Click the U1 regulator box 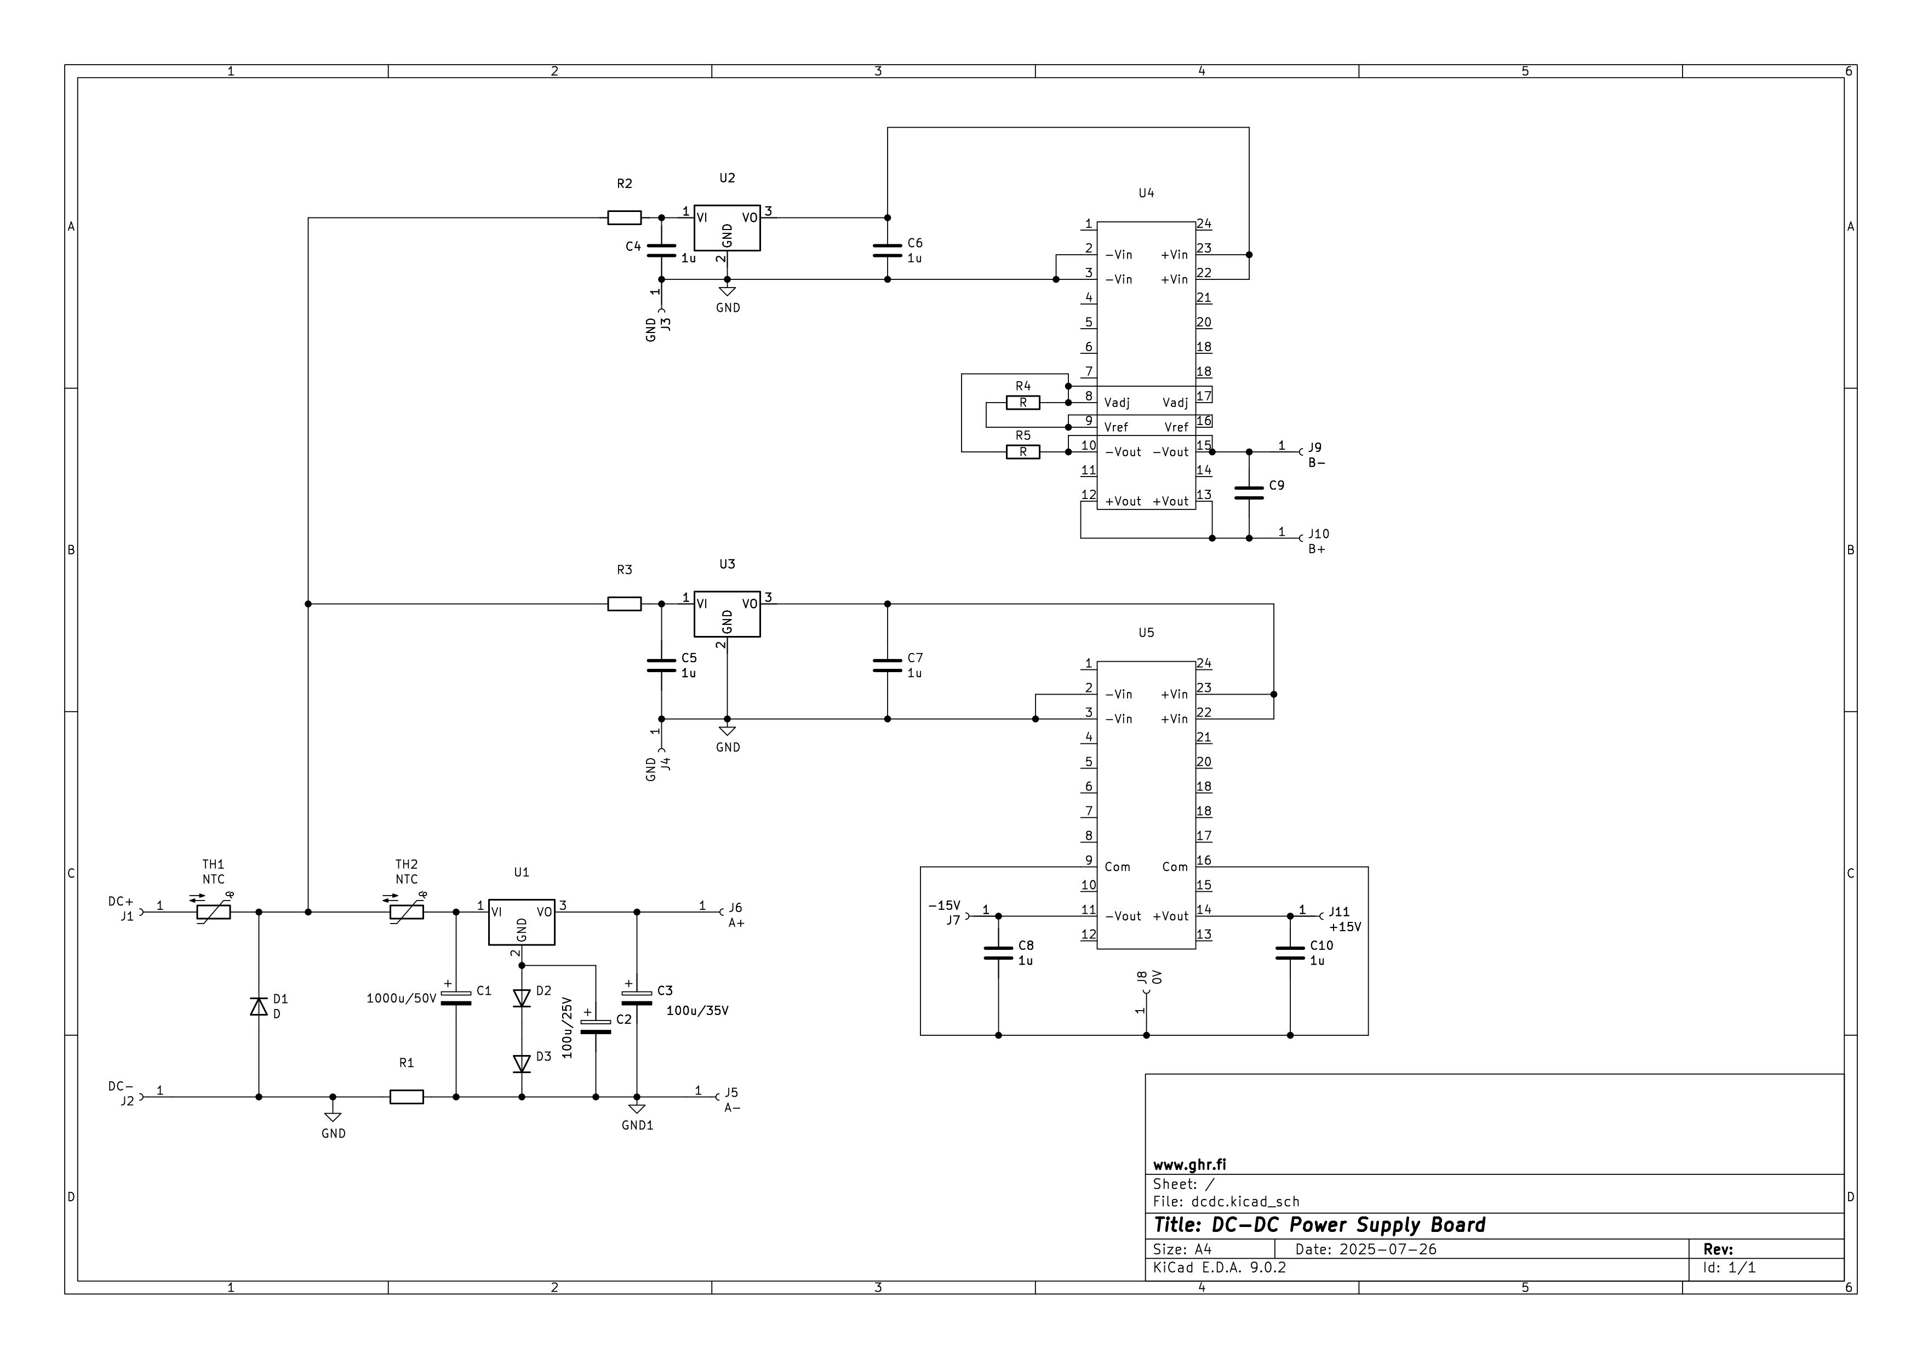pyautogui.click(x=522, y=922)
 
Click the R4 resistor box pyautogui.click(x=1022, y=403)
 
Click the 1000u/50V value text pyautogui.click(x=401, y=999)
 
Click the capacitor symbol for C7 pyautogui.click(x=888, y=666)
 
